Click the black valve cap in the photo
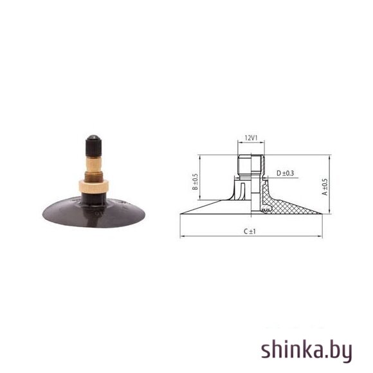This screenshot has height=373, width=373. pyautogui.click(x=93, y=146)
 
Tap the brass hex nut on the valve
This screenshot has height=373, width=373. pyautogui.click(x=94, y=186)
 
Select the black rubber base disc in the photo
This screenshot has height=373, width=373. pyautogui.click(x=94, y=212)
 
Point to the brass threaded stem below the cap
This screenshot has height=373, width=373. pyautogui.click(x=94, y=168)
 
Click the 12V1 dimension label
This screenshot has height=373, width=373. pyautogui.click(x=251, y=138)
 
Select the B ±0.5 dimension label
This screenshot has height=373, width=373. pyautogui.click(x=195, y=181)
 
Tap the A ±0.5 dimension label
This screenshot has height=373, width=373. pyautogui.click(x=325, y=186)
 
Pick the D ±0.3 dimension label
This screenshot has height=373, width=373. pyautogui.click(x=285, y=173)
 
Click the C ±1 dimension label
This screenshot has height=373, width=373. pyautogui.click(x=250, y=232)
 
